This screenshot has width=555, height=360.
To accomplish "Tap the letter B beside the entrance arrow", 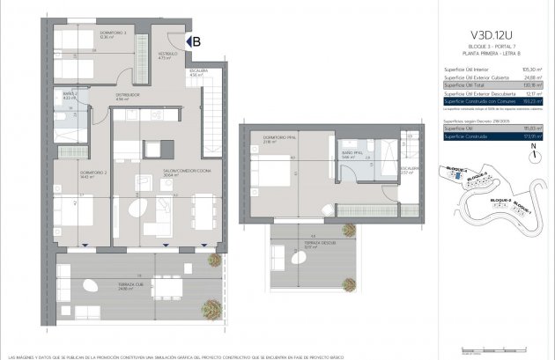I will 197,40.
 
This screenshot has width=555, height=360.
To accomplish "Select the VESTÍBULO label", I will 169,55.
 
